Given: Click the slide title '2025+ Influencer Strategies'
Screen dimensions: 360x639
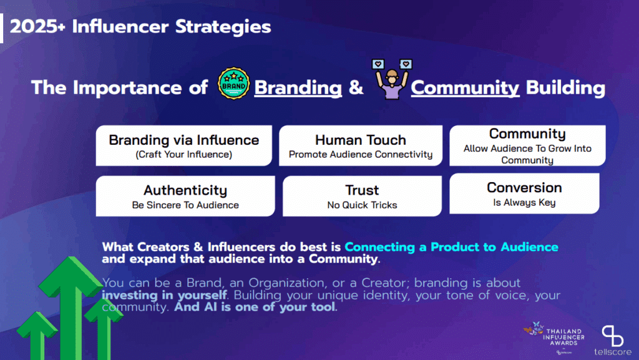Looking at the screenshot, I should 140,27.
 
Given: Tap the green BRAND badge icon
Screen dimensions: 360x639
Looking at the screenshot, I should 233,86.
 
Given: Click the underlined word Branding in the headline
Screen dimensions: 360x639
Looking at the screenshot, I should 298,88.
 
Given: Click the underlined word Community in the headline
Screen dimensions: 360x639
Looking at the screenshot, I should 465,88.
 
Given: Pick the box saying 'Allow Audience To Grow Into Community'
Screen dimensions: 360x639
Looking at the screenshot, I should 527,146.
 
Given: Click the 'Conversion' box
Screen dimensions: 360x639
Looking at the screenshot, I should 524,194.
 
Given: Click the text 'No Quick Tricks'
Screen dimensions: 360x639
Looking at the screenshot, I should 362,205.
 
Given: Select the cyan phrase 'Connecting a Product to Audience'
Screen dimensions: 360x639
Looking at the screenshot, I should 451,247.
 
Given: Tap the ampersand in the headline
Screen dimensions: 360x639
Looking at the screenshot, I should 356,88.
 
